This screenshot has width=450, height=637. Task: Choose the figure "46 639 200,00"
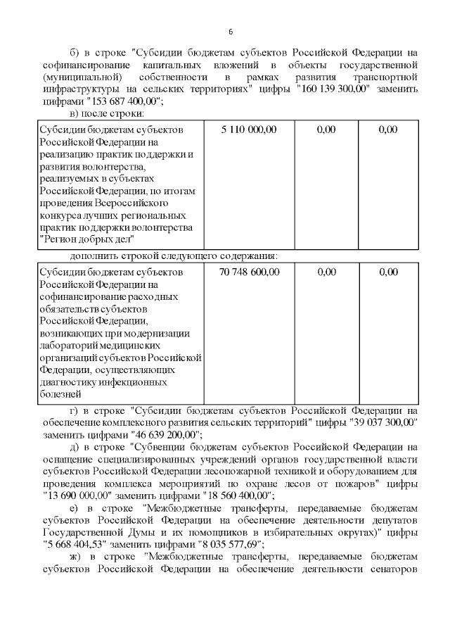[x=167, y=434]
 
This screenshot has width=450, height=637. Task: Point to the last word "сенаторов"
[x=394, y=569]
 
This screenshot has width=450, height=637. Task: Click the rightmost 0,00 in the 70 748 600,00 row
[x=387, y=272]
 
